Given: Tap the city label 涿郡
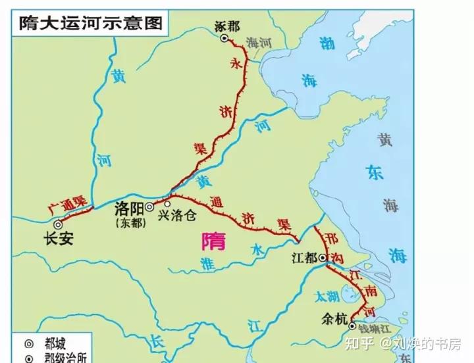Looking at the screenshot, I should pos(227,26).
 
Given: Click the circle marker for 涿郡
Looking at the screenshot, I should pos(224,39).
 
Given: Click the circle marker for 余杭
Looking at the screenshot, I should pos(353,326).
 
